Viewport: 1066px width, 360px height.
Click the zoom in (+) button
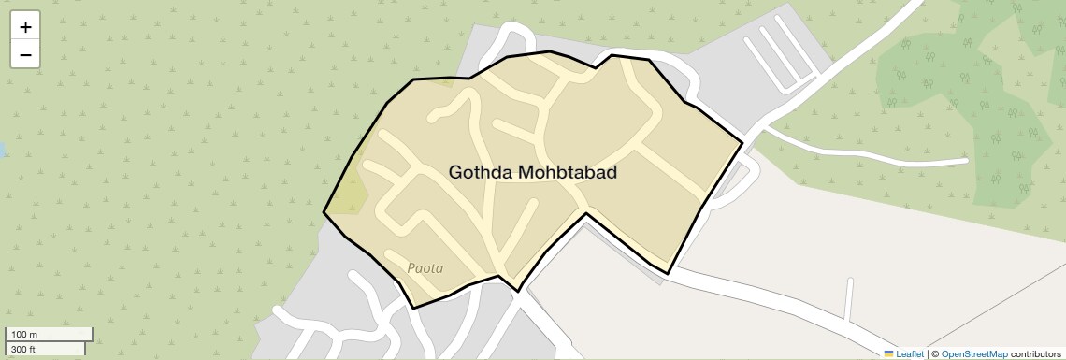click(x=25, y=27)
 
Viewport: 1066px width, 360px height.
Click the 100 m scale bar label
click(x=24, y=335)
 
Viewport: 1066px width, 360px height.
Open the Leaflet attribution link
click(x=910, y=353)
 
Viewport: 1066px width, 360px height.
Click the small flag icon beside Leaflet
click(x=888, y=353)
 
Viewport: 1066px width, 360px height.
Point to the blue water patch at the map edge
click(x=2, y=150)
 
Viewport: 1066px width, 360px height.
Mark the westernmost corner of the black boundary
click(x=324, y=212)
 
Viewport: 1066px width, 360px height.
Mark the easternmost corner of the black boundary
click(x=742, y=143)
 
